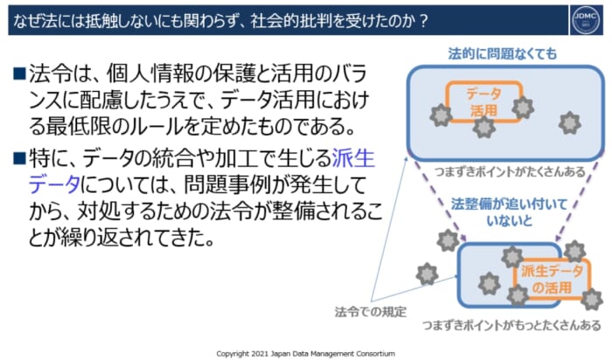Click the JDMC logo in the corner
point(587,19)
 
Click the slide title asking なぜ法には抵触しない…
point(221,20)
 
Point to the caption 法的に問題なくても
point(503,54)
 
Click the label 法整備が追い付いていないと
point(509,212)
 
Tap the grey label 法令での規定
point(371,311)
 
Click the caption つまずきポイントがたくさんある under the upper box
point(511,171)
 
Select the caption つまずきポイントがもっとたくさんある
point(511,325)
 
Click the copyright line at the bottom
point(306,353)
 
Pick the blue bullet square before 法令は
point(19,73)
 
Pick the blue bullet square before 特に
point(19,158)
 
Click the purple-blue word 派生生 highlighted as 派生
point(353,158)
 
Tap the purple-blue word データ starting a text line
point(54,184)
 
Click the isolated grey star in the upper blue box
point(569,123)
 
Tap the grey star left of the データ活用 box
point(441,115)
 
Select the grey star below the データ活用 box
point(484,127)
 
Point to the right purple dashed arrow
point(577,200)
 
